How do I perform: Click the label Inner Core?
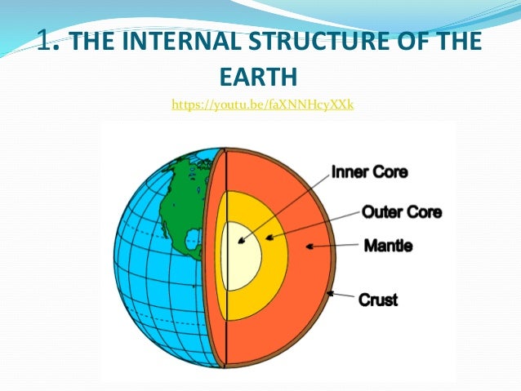click(x=368, y=172)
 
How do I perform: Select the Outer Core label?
click(x=401, y=212)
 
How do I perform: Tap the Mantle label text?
click(x=388, y=244)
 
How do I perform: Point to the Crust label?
click(x=378, y=300)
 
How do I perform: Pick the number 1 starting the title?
click(x=47, y=41)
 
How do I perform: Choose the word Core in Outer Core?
click(x=425, y=212)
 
